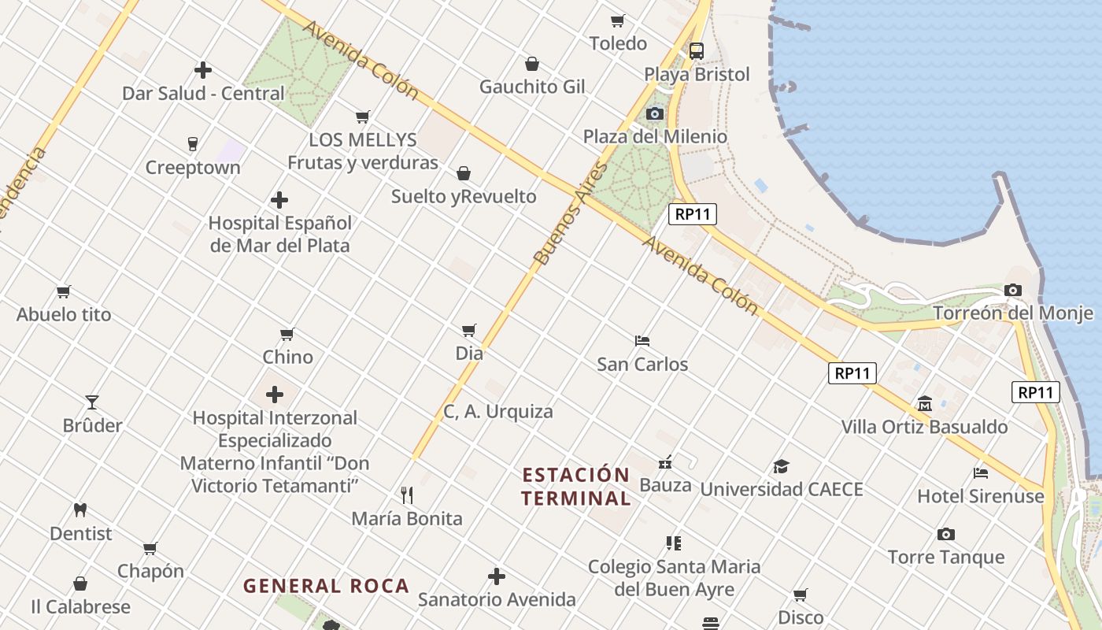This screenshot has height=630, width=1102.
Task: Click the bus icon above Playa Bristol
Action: tap(697, 51)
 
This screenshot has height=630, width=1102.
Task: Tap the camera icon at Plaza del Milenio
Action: tap(654, 114)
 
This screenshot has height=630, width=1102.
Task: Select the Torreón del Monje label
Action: tap(1013, 313)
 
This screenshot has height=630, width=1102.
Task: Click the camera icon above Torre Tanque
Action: tap(946, 534)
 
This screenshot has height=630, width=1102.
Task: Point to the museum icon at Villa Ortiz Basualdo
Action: tap(925, 404)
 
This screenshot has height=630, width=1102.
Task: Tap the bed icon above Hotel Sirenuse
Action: tap(981, 472)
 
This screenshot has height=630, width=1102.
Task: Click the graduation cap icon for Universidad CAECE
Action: tap(781, 466)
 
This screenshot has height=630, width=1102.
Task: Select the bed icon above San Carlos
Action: tap(642, 341)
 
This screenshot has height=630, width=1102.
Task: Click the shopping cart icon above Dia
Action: tap(469, 330)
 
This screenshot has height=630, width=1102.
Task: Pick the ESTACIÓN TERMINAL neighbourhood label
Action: tap(576, 487)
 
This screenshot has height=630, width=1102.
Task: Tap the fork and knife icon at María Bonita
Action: tap(407, 495)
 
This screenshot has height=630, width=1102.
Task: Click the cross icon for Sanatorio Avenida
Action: tap(497, 576)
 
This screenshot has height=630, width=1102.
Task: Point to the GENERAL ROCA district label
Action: tap(326, 586)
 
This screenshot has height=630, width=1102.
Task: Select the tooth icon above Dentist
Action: tap(80, 510)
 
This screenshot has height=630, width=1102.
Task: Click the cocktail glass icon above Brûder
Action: tap(92, 402)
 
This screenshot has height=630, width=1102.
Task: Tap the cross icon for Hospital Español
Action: tap(279, 200)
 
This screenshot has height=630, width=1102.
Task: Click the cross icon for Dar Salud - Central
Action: tap(203, 70)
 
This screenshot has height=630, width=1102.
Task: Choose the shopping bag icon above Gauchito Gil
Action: tap(532, 64)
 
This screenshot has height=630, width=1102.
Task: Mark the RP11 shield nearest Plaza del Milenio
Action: tap(693, 214)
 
